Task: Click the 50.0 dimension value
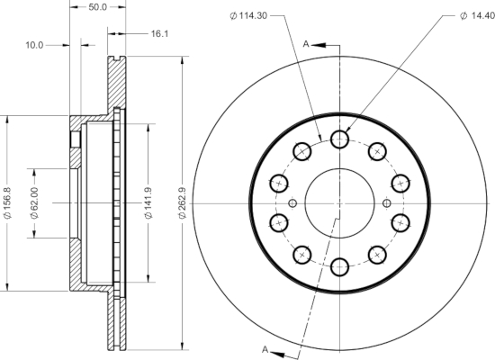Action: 98,7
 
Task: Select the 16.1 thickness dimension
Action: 159,33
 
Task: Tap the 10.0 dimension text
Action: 34,45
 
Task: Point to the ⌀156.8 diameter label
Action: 7,203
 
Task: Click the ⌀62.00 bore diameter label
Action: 34,203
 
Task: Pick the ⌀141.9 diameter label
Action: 148,203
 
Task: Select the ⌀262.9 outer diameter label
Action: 183,203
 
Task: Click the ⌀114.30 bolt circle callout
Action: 248,15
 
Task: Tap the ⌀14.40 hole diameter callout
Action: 477,15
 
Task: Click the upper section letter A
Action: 306,44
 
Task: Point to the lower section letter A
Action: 265,349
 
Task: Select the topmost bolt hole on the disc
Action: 339,139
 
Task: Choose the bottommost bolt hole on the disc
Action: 339,266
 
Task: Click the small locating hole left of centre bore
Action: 292,203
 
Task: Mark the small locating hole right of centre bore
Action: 386,203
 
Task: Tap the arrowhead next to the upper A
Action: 319,45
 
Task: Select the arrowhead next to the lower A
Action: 278,354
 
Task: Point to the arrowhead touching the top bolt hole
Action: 347,130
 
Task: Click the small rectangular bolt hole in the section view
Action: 75,139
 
